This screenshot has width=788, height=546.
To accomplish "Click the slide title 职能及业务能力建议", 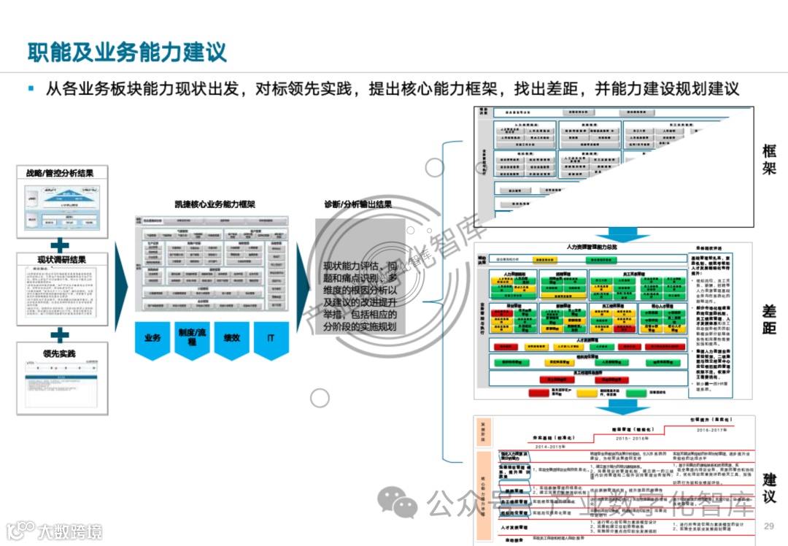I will tap(127, 52).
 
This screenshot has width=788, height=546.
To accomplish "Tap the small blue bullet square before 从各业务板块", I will tap(31, 88).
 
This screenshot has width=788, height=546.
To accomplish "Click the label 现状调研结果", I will tap(62, 260).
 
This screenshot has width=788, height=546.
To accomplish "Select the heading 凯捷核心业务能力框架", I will tap(214, 204).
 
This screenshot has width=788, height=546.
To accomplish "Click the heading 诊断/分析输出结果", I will tap(358, 204).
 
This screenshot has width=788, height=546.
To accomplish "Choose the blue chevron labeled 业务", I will tap(152, 339).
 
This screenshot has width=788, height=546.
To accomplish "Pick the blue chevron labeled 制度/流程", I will tap(192, 339).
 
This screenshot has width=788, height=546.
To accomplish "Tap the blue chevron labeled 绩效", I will tap(231, 338).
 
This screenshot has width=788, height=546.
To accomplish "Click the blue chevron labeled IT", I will tap(271, 339).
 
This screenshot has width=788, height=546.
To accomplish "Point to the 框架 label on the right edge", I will tap(769, 160).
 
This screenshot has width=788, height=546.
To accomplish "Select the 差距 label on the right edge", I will tap(769, 319).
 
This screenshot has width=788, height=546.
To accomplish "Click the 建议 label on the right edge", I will tap(769, 488).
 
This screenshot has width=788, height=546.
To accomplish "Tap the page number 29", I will tap(768, 527).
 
